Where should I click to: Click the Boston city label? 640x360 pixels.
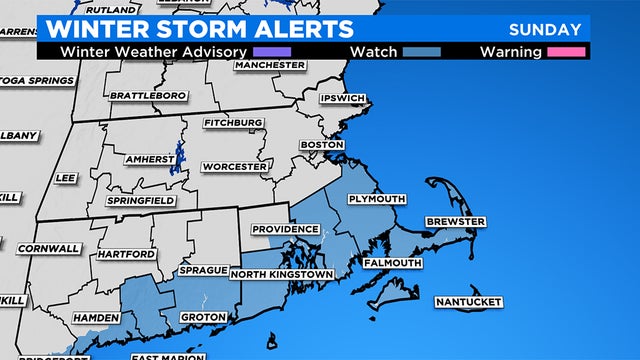click(x=322, y=144)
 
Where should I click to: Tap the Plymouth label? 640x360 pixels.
click(x=376, y=199)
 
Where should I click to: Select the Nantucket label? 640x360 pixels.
click(x=466, y=302)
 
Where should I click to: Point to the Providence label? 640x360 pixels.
click(x=285, y=229)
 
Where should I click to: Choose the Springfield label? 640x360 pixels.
click(x=142, y=200)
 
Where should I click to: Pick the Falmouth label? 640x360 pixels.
click(x=391, y=263)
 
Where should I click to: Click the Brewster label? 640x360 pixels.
click(x=455, y=221)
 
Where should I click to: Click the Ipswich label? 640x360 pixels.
click(x=343, y=99)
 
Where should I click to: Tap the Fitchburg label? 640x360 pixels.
click(x=233, y=122)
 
